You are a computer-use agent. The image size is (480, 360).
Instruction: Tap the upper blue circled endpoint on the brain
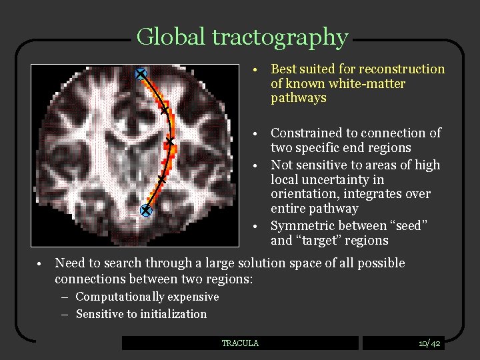coord(141,74)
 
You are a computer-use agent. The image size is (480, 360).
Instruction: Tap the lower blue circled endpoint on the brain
coord(146,211)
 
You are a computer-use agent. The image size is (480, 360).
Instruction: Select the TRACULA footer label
coord(240,343)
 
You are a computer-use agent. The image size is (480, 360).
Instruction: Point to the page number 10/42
coord(429,343)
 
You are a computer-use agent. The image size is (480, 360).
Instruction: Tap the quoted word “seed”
coord(403,226)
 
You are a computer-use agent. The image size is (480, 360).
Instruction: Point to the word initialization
coord(175,314)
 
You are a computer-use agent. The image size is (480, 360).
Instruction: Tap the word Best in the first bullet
coord(283,69)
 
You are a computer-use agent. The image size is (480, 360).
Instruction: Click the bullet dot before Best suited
coord(257,70)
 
